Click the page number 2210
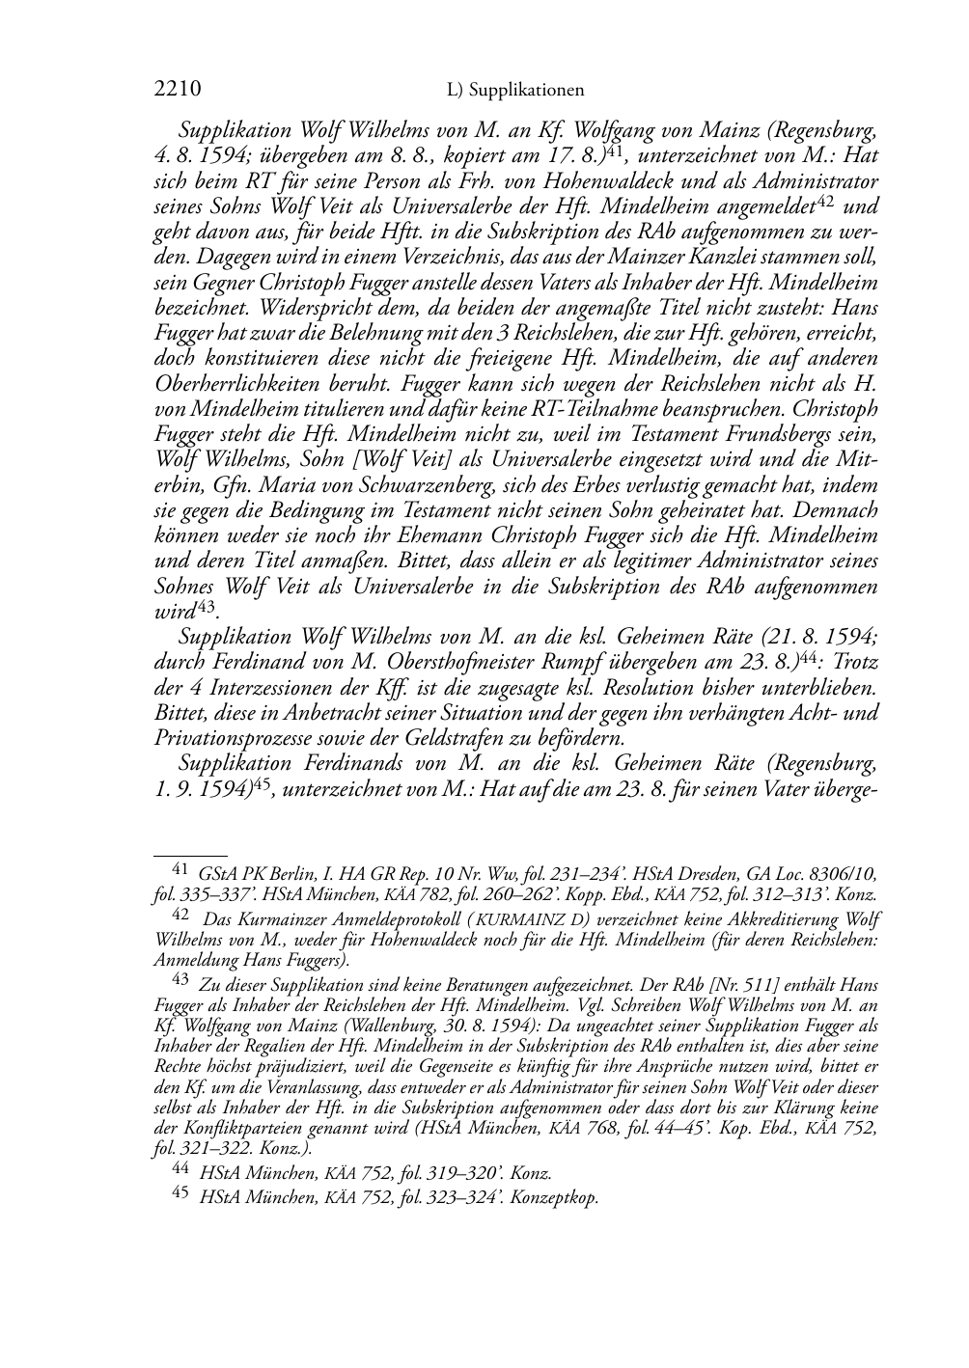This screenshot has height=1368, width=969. (178, 90)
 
